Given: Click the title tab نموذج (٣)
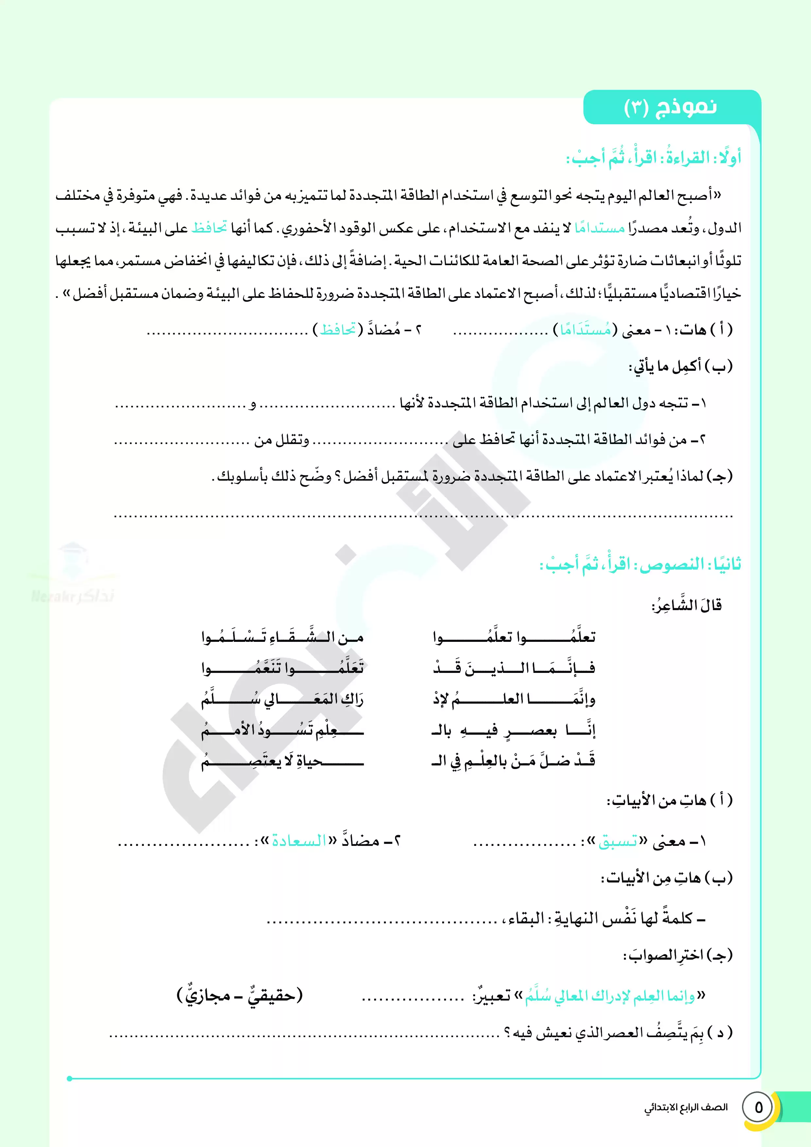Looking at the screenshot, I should coord(671,107).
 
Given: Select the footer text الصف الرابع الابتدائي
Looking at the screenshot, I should coord(685,1107).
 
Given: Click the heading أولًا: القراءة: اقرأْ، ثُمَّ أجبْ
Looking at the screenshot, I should coord(654,158).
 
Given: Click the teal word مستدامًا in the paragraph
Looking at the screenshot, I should coord(599,228).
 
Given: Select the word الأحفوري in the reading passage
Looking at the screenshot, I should coord(308,228).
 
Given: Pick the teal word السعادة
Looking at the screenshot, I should coord(298,841).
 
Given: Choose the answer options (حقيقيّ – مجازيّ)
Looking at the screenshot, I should coord(240,995).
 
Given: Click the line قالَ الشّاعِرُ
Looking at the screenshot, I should coord(687,606).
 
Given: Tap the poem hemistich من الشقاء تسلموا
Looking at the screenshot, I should coord(282,637).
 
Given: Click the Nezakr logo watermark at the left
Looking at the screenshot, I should coord(73,574).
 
